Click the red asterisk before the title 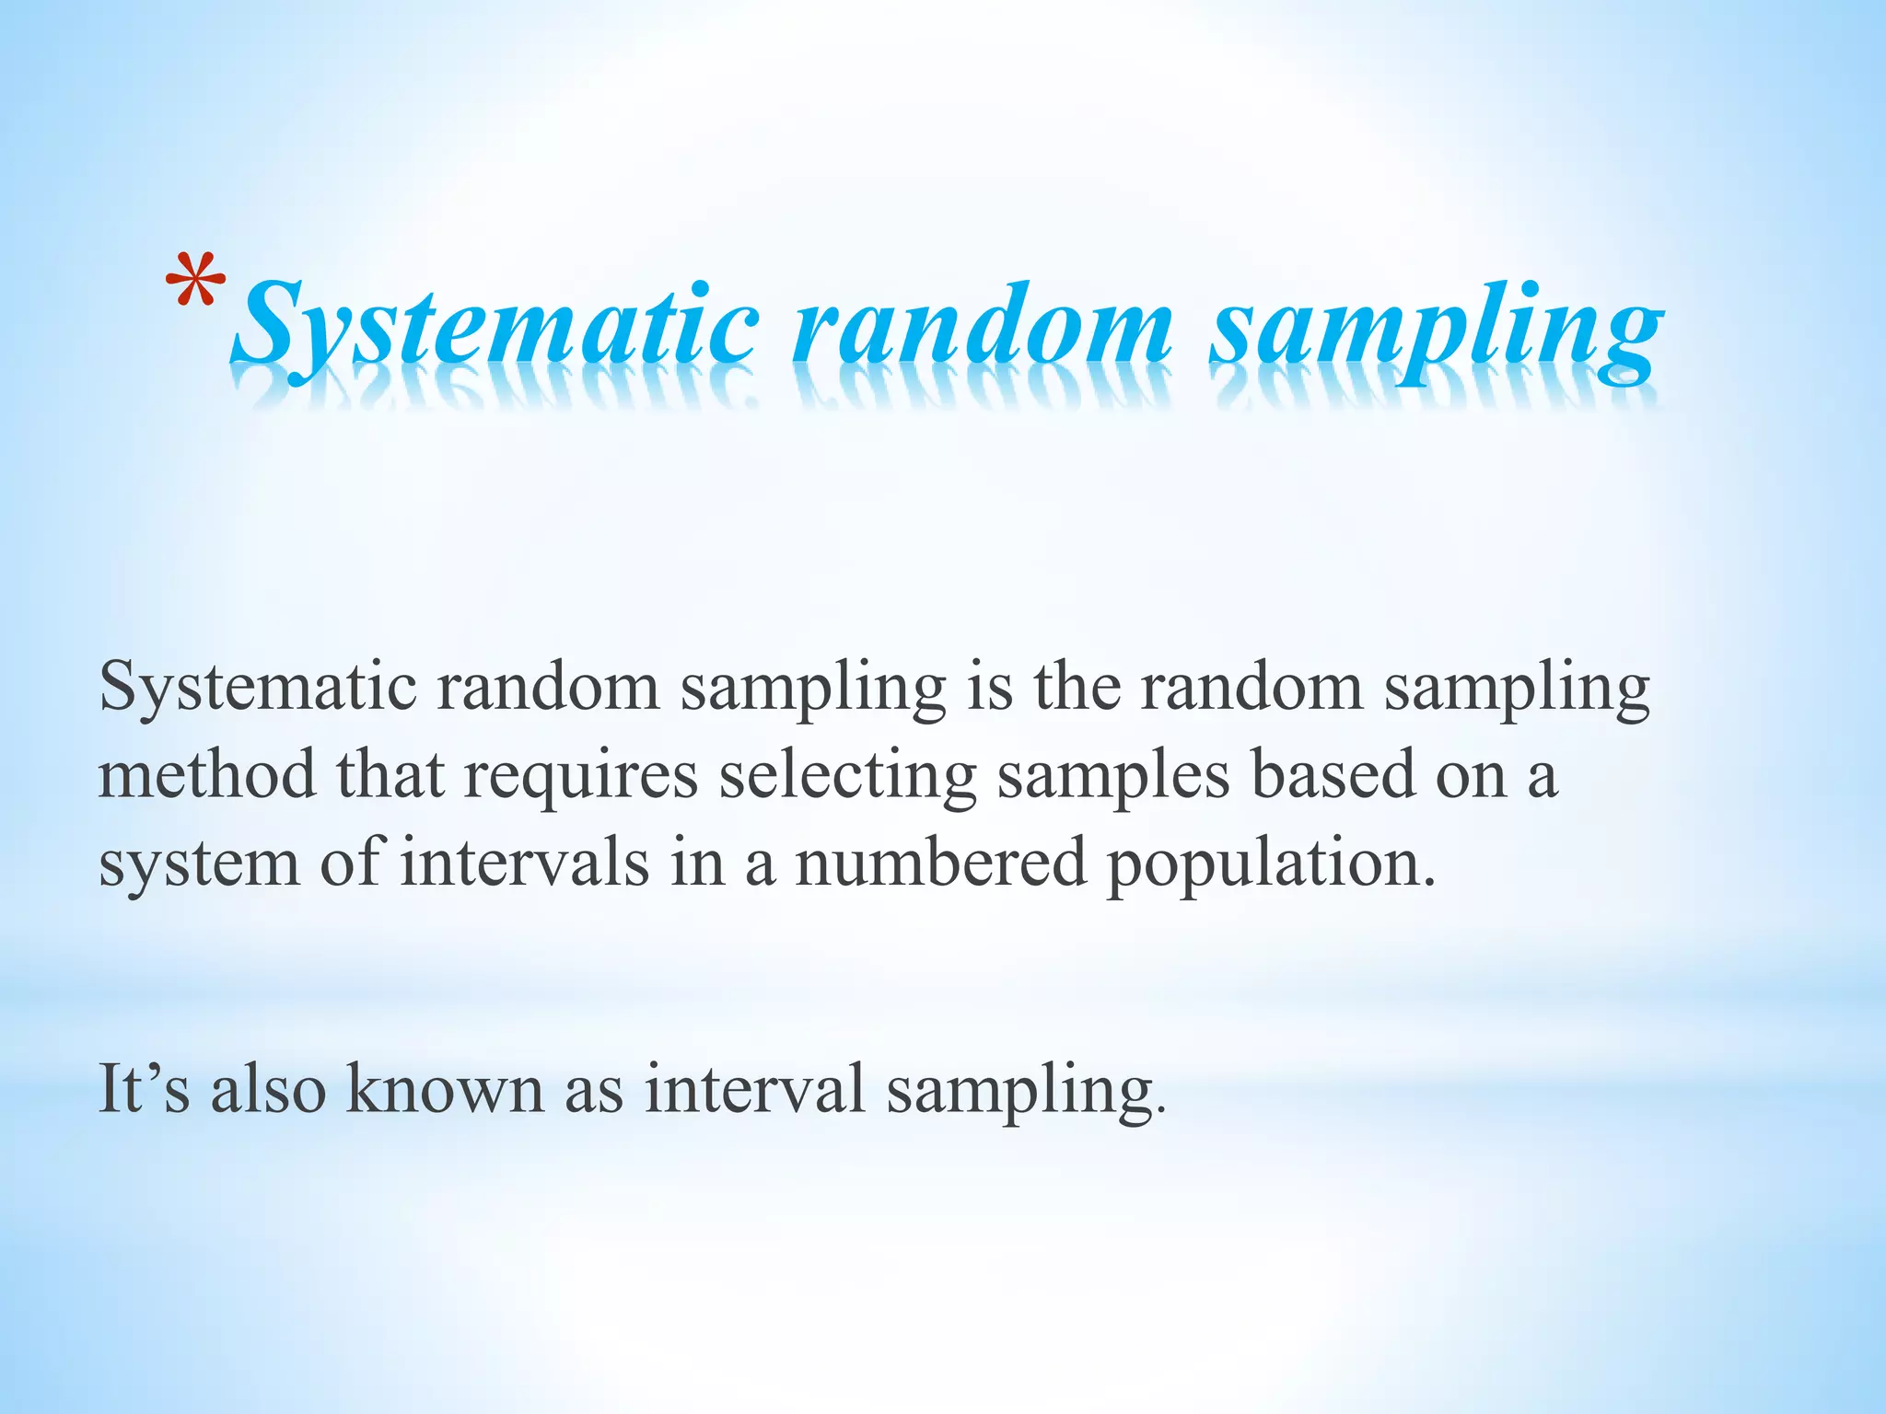pyautogui.click(x=195, y=282)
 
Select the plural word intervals pyautogui.click(x=524, y=863)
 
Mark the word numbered pyautogui.click(x=940, y=863)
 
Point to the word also pyautogui.click(x=268, y=1088)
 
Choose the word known pyautogui.click(x=445, y=1088)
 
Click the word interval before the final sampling pyautogui.click(x=754, y=1088)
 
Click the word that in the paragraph pyautogui.click(x=390, y=774)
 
